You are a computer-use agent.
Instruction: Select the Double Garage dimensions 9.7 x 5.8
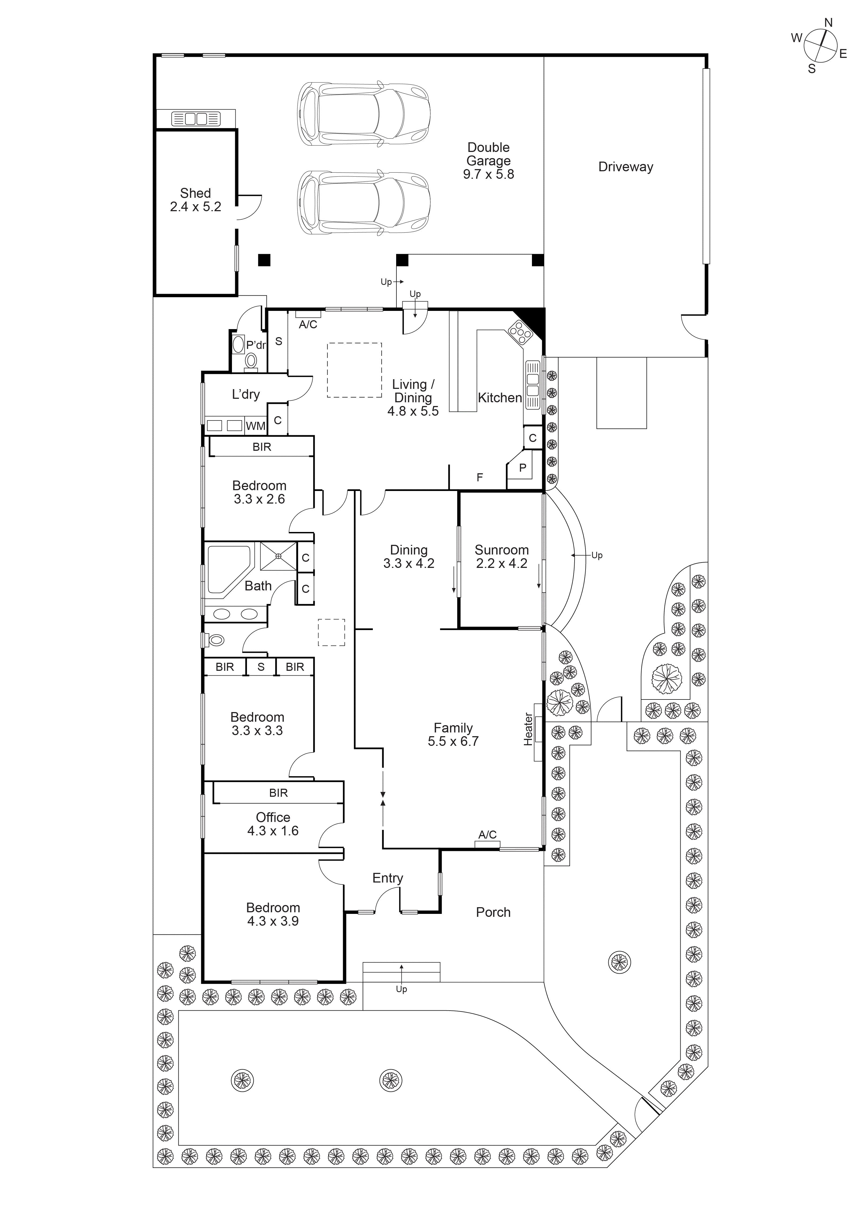[488, 174]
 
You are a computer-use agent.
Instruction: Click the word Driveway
[625, 167]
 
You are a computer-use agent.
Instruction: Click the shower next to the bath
[278, 556]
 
